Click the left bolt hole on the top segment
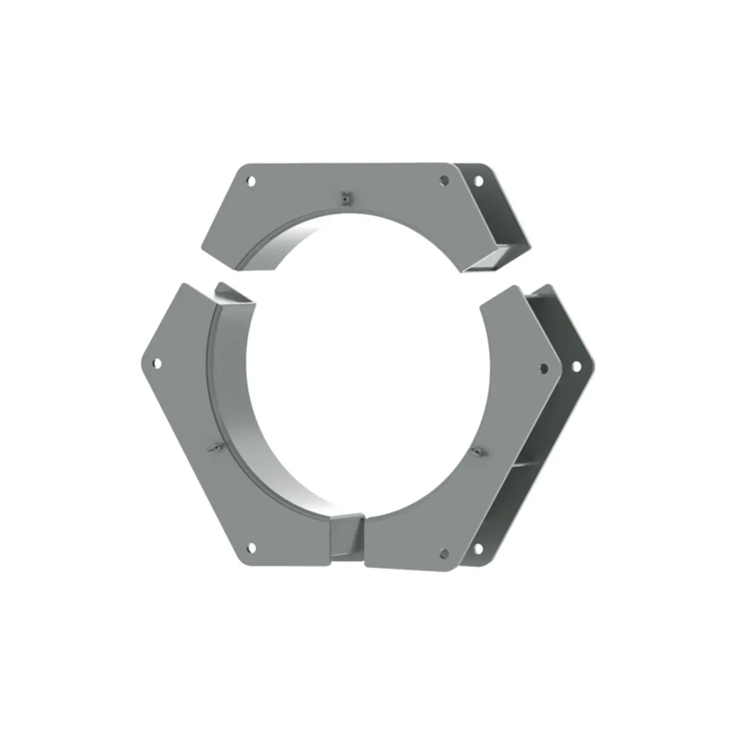click(x=251, y=181)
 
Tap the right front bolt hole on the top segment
click(x=444, y=181)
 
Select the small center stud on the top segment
click(x=344, y=197)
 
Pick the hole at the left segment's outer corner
click(x=157, y=363)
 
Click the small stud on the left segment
click(x=213, y=447)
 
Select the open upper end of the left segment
click(x=235, y=296)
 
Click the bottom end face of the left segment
click(x=346, y=538)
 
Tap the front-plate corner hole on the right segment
click(x=543, y=369)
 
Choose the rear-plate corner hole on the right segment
click(x=576, y=366)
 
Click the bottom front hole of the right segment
click(x=443, y=553)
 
